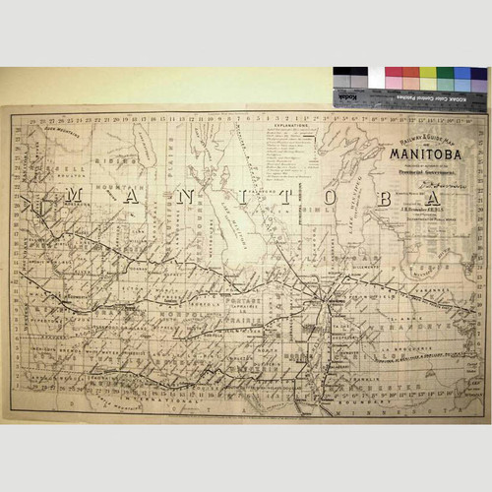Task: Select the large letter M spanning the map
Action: pos(72,198)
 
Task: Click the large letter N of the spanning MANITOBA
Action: pos(183,197)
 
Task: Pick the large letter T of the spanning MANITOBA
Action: pos(288,197)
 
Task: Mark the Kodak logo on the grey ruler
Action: pos(346,97)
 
